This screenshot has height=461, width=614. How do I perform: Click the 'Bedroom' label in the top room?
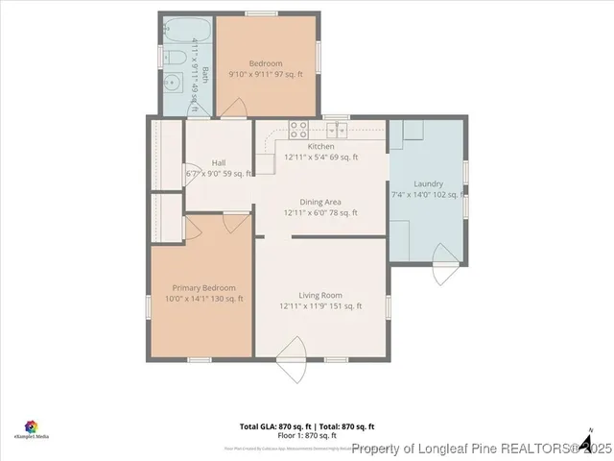265,63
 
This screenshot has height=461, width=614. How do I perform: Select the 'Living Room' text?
319,295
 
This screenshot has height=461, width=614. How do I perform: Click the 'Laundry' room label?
428,183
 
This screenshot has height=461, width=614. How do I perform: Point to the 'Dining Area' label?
319,202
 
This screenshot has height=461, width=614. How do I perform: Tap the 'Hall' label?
218,162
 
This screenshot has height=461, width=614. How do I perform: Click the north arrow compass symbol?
584,442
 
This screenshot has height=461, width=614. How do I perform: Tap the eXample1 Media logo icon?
31,425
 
